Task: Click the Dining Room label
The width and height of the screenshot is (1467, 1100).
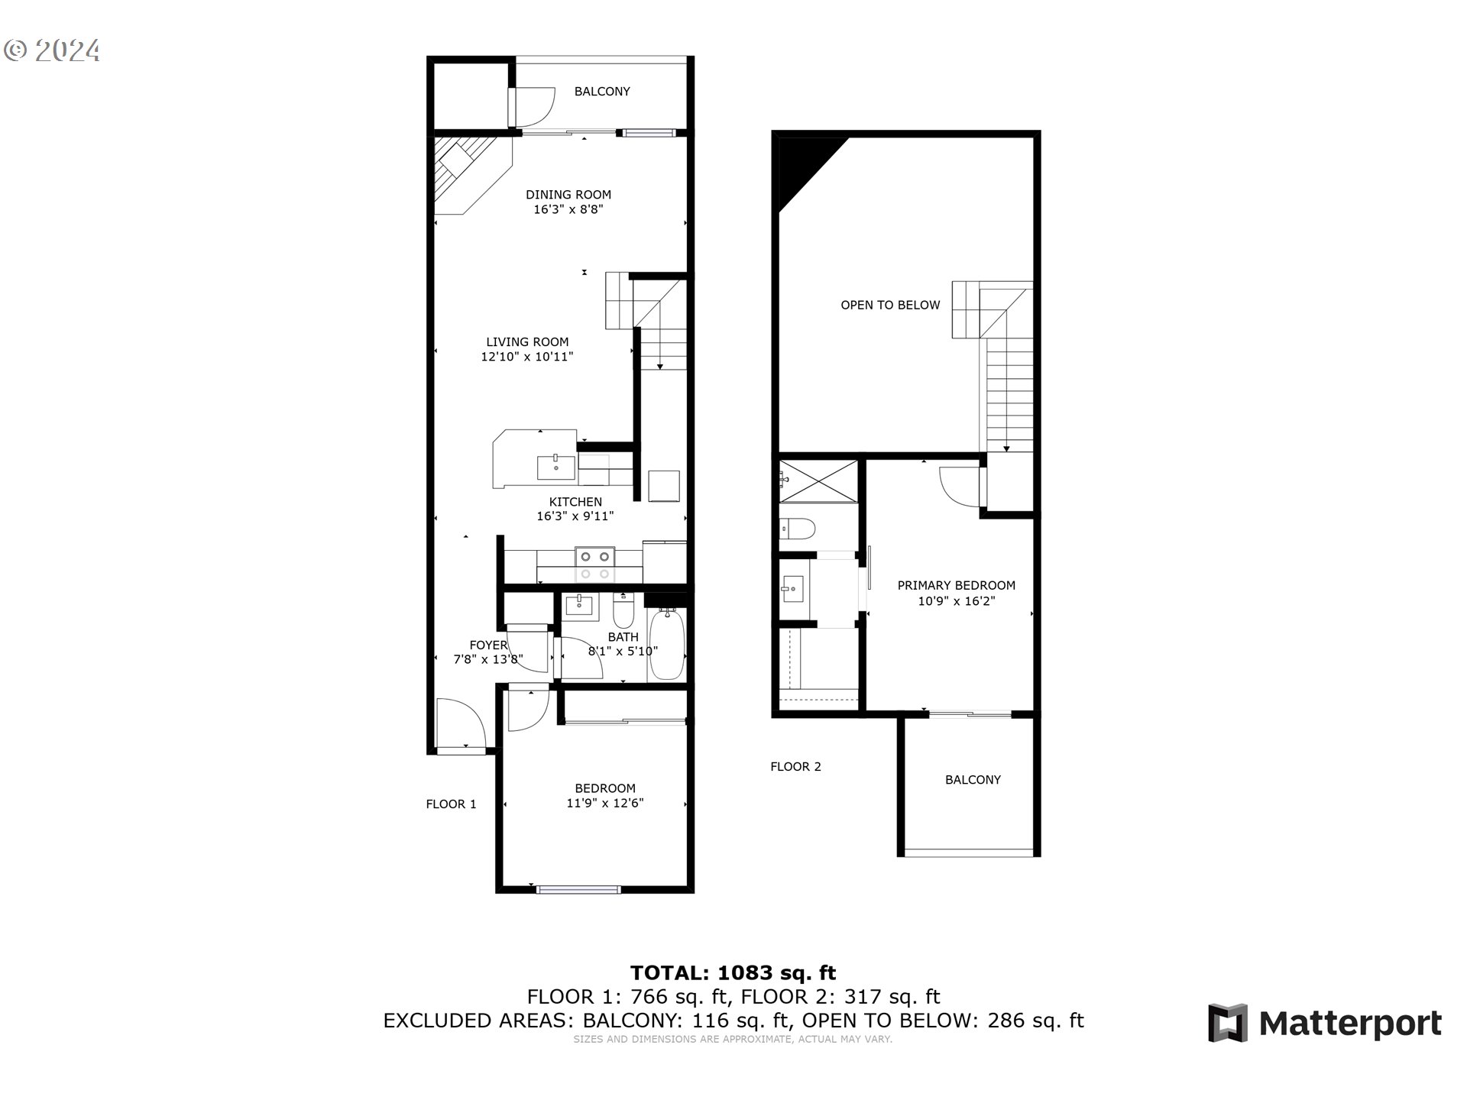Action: coord(568,195)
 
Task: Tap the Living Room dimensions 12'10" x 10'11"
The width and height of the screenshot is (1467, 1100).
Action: coord(526,357)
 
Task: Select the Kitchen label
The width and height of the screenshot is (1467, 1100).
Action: coord(575,502)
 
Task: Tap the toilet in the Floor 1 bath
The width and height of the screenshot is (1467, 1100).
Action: coord(623,611)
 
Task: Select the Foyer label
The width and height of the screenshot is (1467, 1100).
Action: coord(488,645)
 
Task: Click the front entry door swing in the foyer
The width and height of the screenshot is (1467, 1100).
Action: coord(460,726)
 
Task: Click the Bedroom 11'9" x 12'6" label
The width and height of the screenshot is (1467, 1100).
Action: coord(604,795)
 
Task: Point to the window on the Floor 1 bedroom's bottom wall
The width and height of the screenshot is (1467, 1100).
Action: coord(578,888)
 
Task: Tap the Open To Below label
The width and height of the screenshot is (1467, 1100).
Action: coord(889,306)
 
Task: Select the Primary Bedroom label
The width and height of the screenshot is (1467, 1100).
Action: coord(956,586)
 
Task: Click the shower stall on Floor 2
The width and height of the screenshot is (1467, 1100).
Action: coord(818,480)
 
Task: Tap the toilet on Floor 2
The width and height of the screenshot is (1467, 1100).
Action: coord(798,528)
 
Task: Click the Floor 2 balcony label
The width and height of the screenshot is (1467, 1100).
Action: coord(972,780)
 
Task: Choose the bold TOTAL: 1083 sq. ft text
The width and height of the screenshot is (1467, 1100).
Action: coord(733,973)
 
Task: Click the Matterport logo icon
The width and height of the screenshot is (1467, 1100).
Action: coord(1227,1023)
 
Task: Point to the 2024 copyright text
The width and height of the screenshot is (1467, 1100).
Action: coord(52,50)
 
